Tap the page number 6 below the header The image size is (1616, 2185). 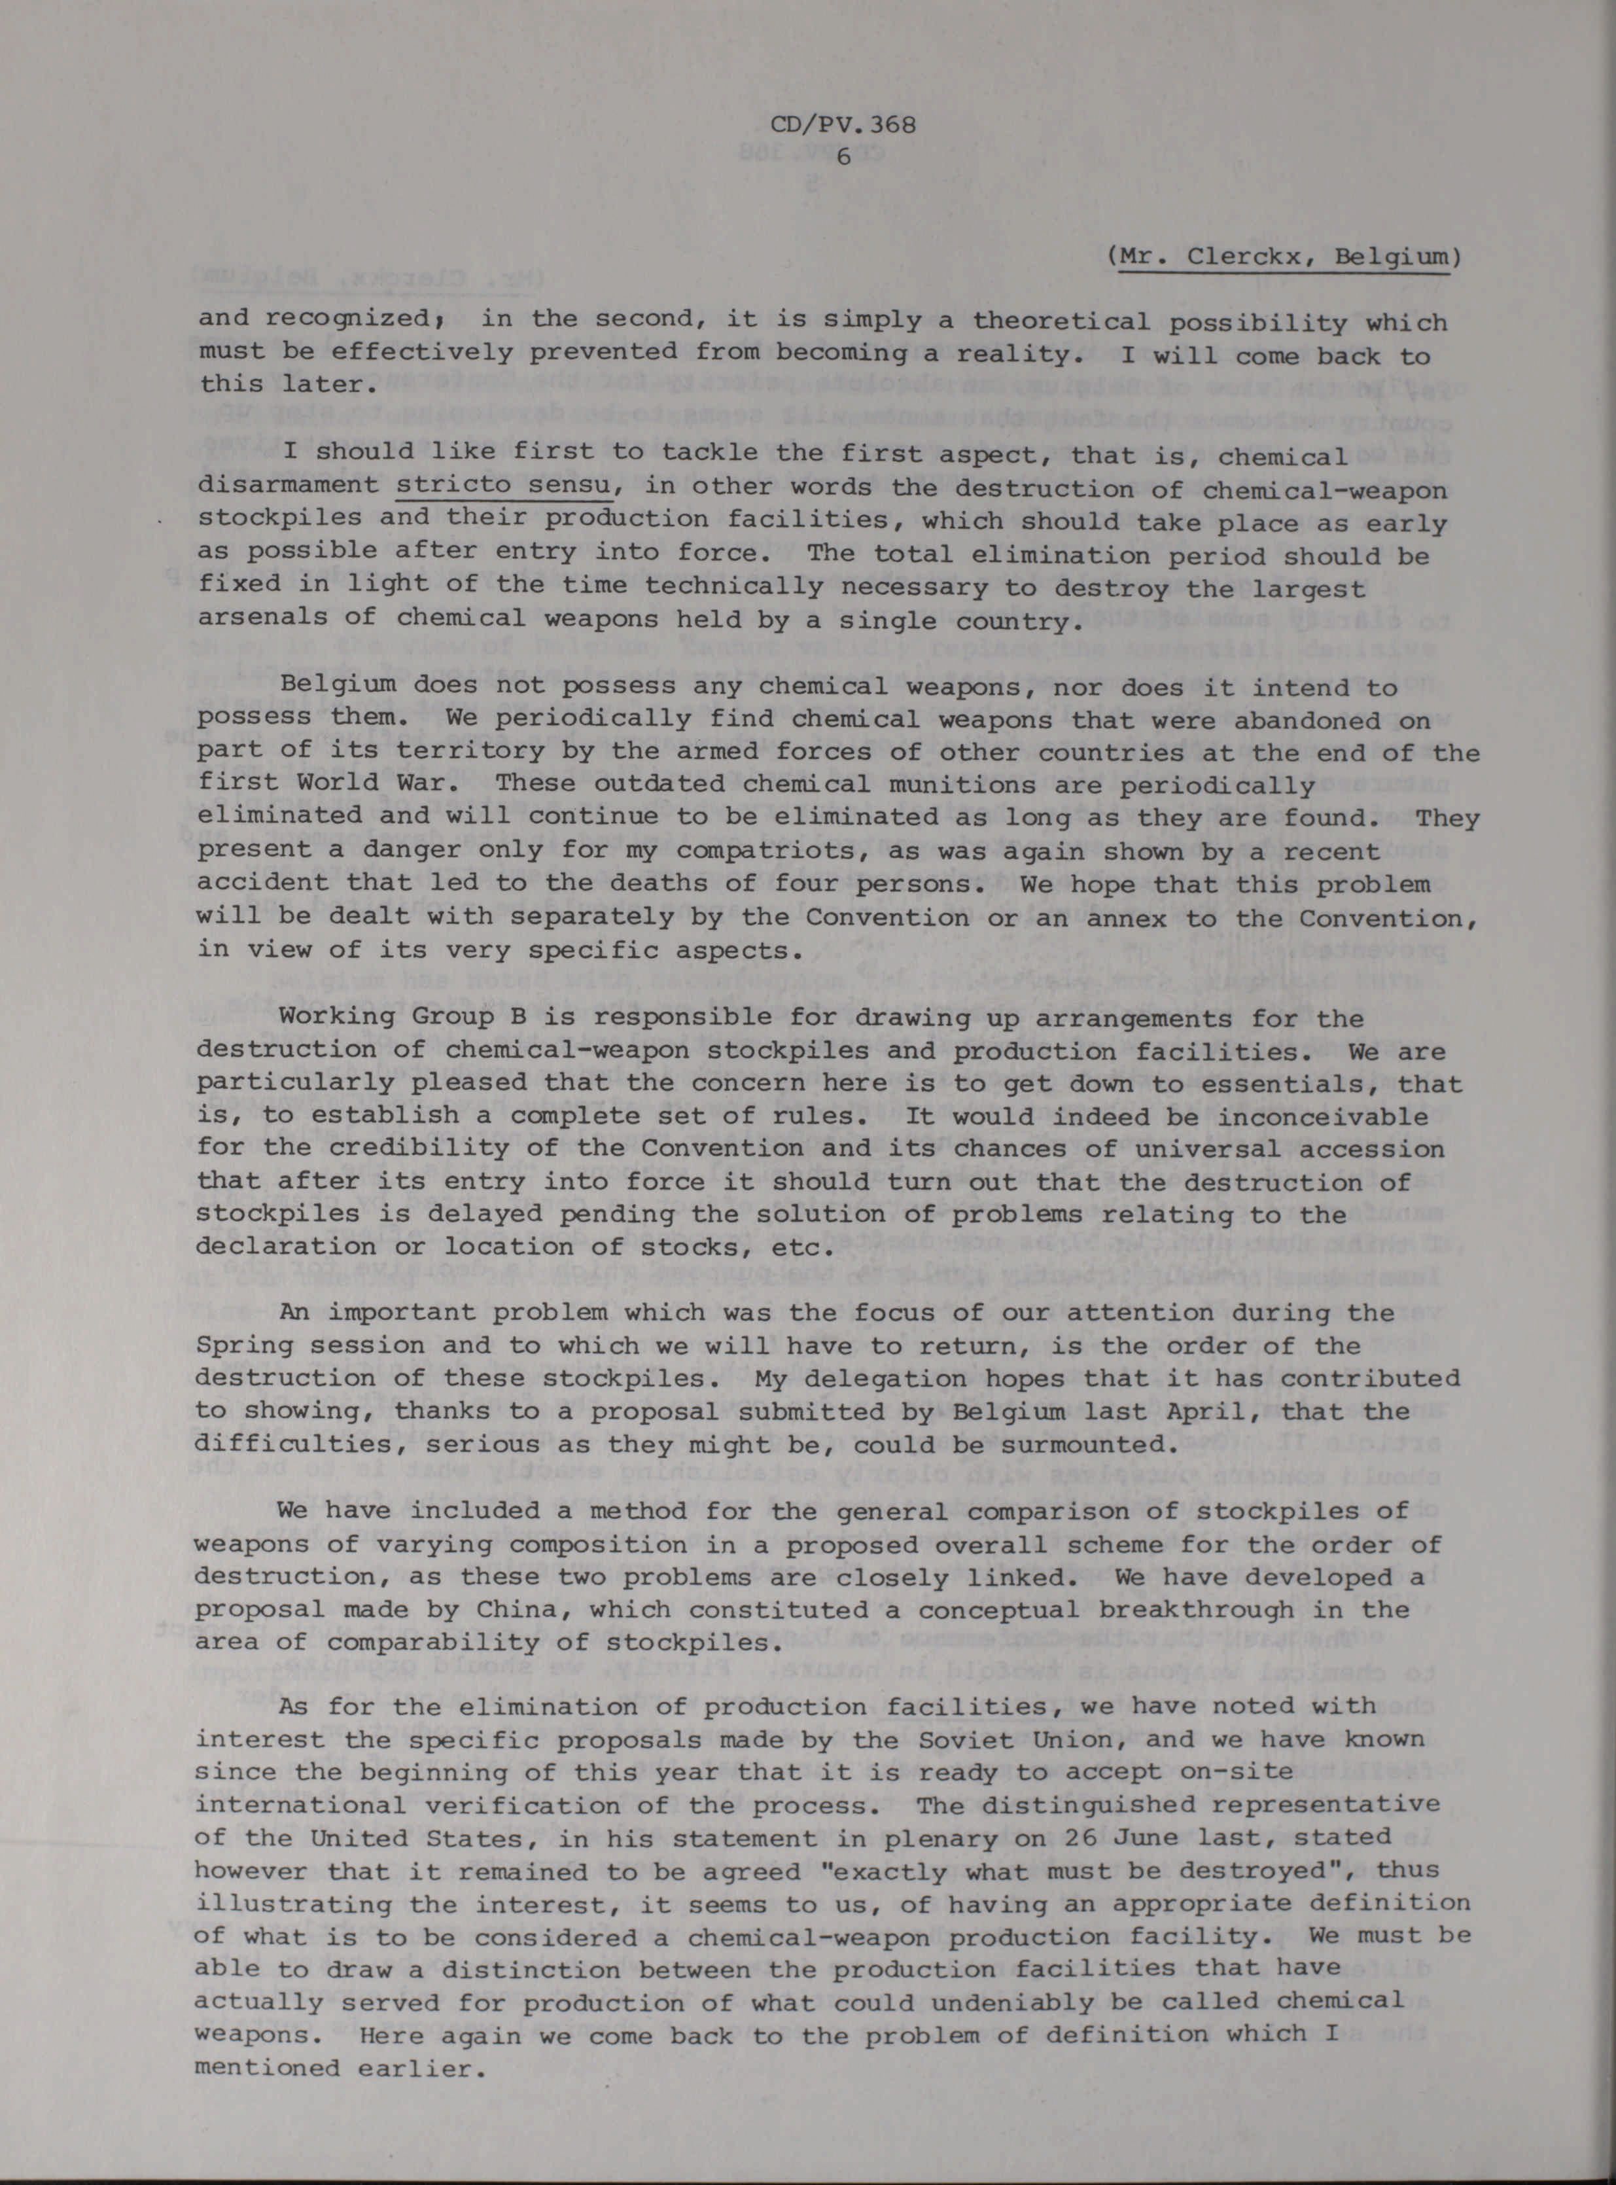[x=843, y=158]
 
